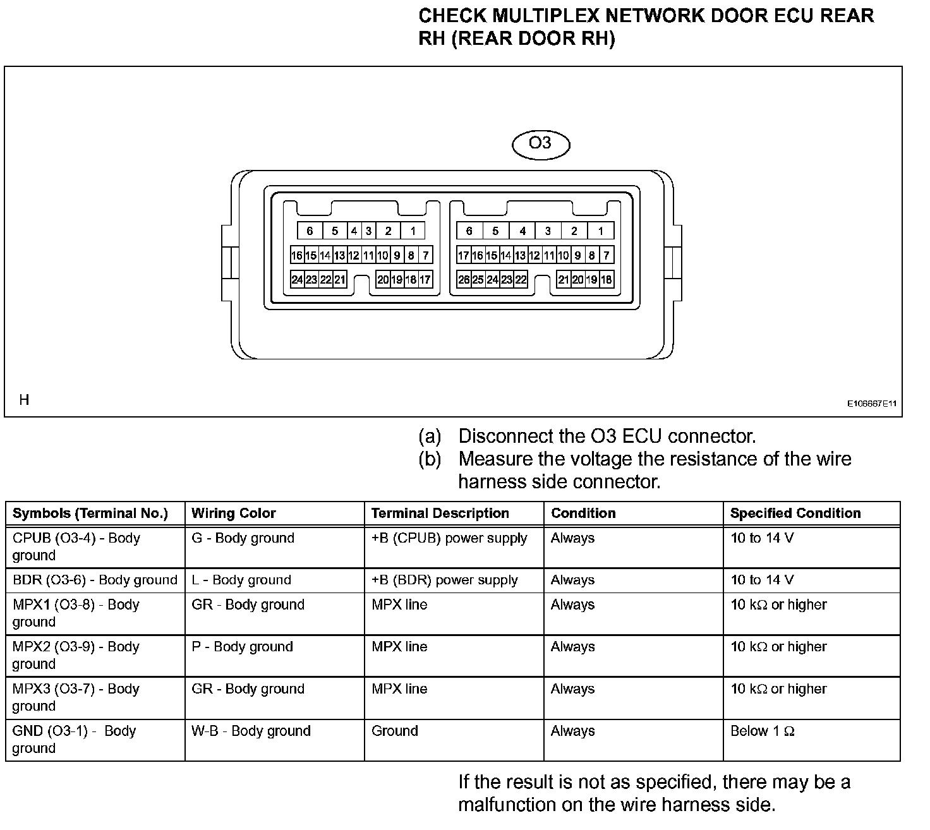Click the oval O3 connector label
pos(540,144)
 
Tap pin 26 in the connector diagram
pos(464,279)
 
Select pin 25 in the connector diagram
pos(478,279)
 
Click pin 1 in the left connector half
pos(413,231)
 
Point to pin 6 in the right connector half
pos(469,231)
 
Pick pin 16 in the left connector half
pos(297,255)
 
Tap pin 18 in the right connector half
pos(607,279)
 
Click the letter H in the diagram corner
pos(24,400)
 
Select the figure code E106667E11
pos(872,403)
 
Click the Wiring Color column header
pos(234,513)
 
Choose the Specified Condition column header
pos(795,513)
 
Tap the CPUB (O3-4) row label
pos(76,546)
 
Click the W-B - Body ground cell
pos(251,731)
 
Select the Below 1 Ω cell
pos(762,731)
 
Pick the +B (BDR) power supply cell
pos(444,580)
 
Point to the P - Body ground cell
pos(242,646)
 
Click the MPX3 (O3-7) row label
pos(76,697)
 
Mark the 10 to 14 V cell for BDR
pos(762,580)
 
